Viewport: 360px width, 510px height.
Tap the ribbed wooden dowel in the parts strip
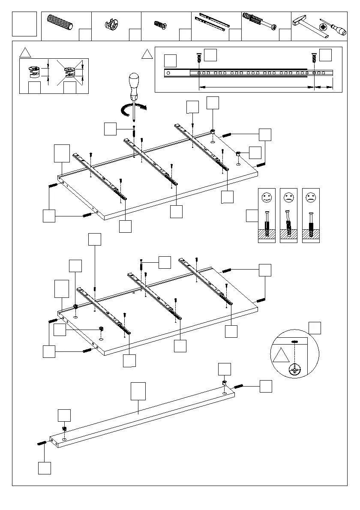[60, 22]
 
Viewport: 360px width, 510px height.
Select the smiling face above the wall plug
[267, 198]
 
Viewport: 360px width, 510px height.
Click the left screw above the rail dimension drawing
[198, 59]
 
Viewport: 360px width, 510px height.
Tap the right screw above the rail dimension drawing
[314, 59]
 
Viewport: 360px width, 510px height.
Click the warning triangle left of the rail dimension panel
[147, 54]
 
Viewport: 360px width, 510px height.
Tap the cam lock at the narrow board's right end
[224, 383]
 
